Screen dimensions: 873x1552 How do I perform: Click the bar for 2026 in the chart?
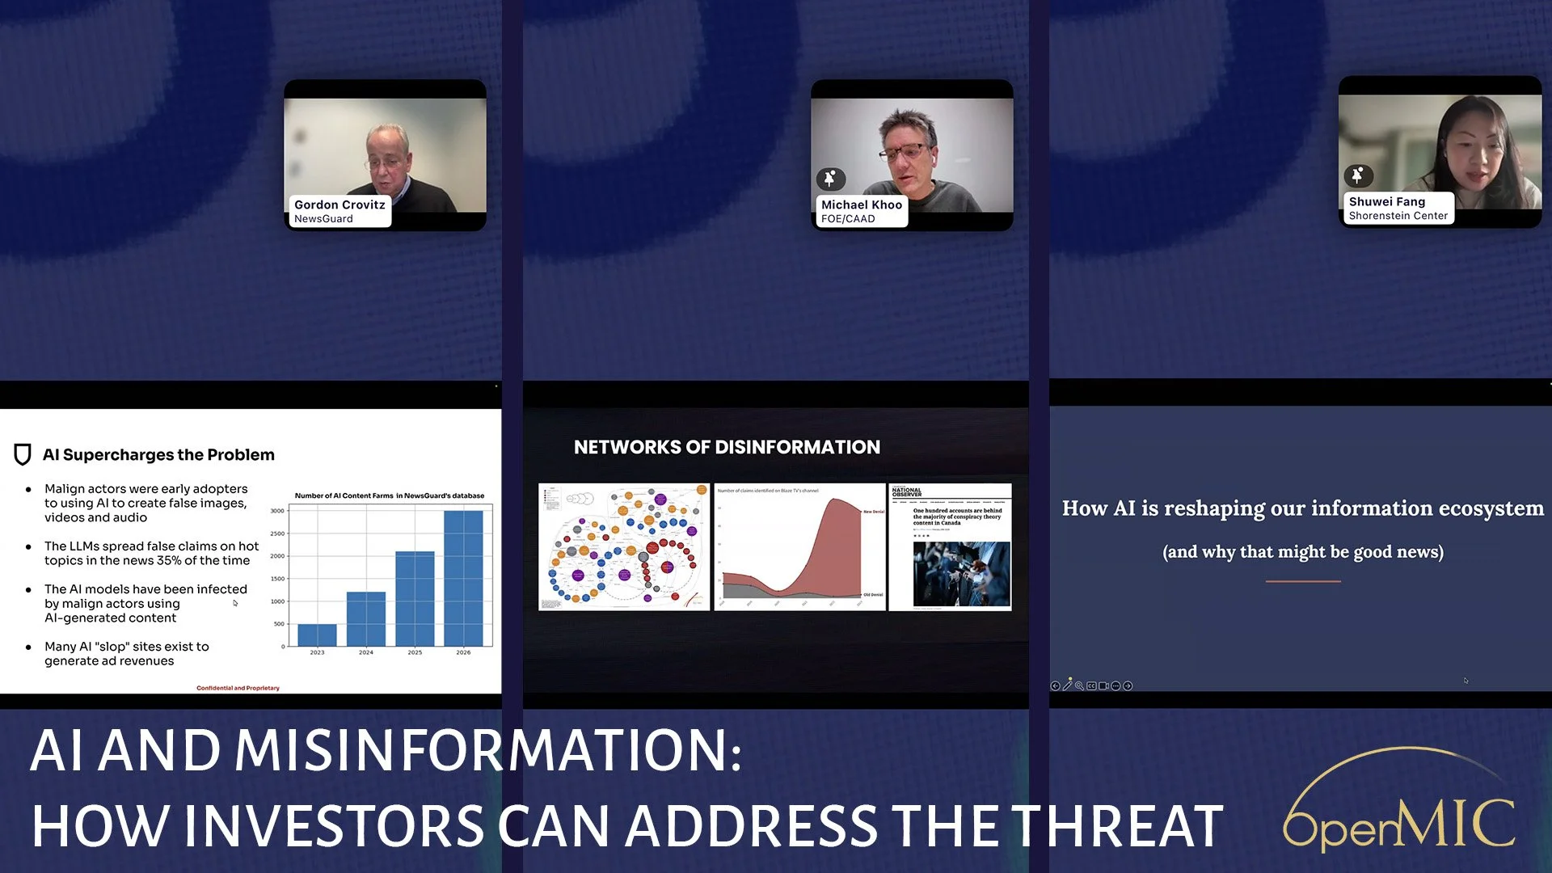[x=463, y=577]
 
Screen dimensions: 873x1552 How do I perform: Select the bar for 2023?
[x=317, y=635]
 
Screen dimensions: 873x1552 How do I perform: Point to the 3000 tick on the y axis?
[x=277, y=511]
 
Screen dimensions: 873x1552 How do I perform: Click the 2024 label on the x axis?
[x=366, y=652]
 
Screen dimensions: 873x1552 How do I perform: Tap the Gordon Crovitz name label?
[x=339, y=211]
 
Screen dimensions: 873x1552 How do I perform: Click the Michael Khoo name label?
[x=861, y=211]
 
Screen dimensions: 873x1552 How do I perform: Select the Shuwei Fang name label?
[x=1398, y=208]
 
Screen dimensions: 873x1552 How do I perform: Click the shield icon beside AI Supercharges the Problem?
[x=23, y=454]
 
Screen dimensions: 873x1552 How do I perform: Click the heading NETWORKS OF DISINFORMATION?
[x=727, y=447]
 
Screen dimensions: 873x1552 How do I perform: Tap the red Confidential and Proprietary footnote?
[x=238, y=688]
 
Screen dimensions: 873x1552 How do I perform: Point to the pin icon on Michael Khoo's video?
[x=830, y=179]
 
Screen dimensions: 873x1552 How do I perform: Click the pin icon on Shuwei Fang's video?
[x=1358, y=175]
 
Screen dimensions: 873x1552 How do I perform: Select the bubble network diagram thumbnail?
[x=624, y=547]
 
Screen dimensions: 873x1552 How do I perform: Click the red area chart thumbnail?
[x=799, y=547]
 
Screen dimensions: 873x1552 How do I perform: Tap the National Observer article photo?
[x=961, y=574]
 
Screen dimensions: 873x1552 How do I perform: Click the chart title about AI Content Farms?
[x=389, y=496]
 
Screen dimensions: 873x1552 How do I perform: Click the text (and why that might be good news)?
[x=1302, y=552]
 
